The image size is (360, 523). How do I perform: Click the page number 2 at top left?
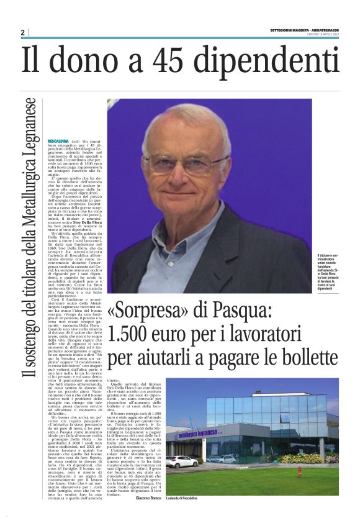pos(22,32)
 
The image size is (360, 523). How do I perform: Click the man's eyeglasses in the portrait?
pos(186,163)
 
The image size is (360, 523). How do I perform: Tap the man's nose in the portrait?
pos(187,174)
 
